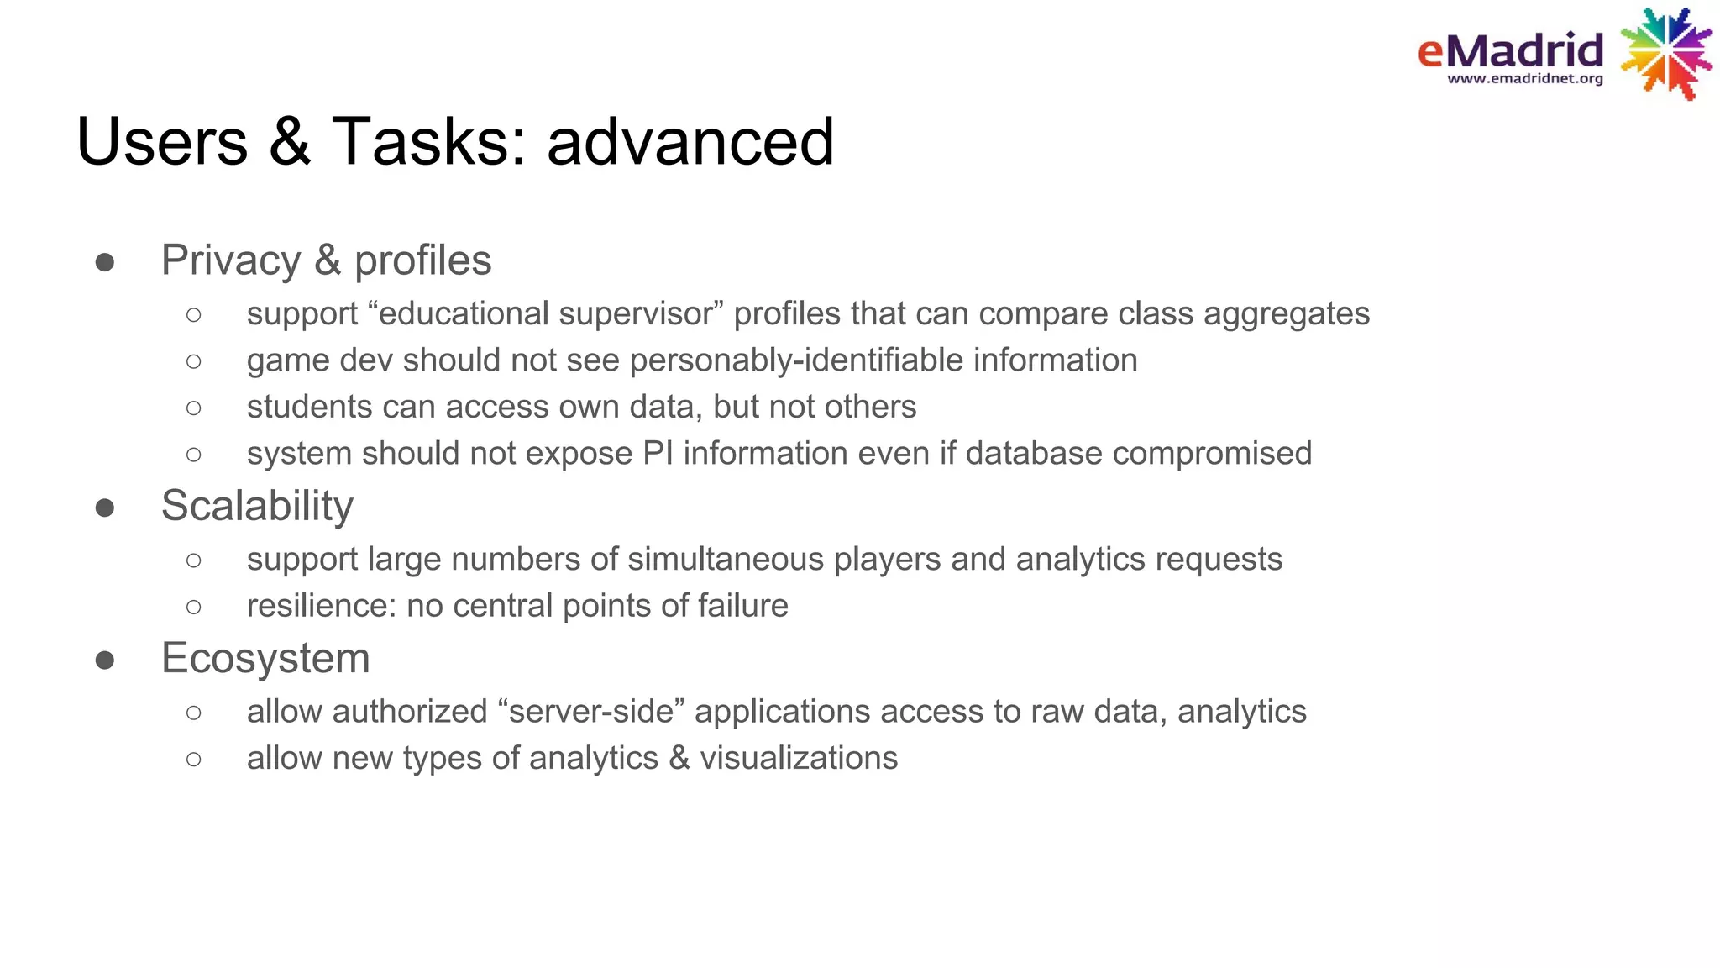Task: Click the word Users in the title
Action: coord(162,141)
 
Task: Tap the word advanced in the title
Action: coord(690,141)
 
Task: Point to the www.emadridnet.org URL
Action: coord(1525,79)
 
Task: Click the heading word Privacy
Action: coord(231,260)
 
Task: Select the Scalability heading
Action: coord(257,506)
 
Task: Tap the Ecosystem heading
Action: coord(265,658)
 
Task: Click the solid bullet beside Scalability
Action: coord(105,508)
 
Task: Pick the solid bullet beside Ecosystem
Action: coord(105,660)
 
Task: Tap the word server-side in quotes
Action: coord(591,712)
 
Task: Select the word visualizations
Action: coord(799,759)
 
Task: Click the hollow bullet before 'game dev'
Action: coord(194,361)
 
